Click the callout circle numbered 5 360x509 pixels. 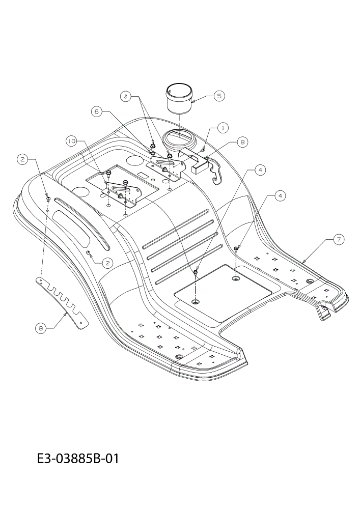219,96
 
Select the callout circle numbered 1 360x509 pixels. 223,128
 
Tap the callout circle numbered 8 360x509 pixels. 242,142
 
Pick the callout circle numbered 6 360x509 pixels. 96,111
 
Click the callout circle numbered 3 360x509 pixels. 126,96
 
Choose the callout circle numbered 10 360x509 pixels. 72,141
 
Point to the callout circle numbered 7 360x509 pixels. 339,239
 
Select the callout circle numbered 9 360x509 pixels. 41,328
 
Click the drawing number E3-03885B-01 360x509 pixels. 78,459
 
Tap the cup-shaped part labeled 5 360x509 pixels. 178,99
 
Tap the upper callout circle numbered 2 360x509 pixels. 22,159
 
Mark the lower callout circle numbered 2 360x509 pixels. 107,263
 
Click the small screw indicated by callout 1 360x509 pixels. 203,149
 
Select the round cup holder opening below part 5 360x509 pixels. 180,137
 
